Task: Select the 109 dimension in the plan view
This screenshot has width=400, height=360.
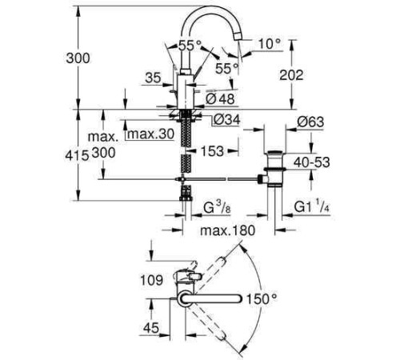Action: [126, 281]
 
